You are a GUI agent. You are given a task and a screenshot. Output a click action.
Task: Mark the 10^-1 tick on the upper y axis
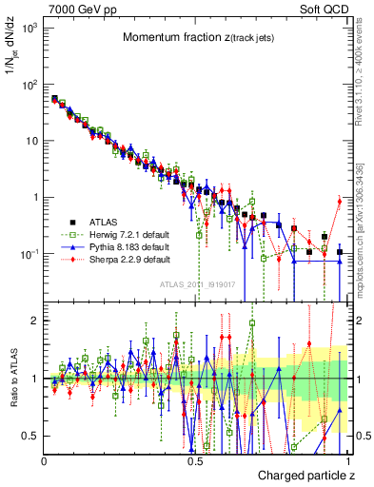click(x=30, y=254)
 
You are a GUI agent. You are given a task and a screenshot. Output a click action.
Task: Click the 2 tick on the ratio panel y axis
click(x=34, y=321)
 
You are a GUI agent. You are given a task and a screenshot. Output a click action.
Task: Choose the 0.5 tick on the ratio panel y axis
click(x=30, y=436)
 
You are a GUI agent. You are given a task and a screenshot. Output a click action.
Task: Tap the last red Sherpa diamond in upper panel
click(x=340, y=201)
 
